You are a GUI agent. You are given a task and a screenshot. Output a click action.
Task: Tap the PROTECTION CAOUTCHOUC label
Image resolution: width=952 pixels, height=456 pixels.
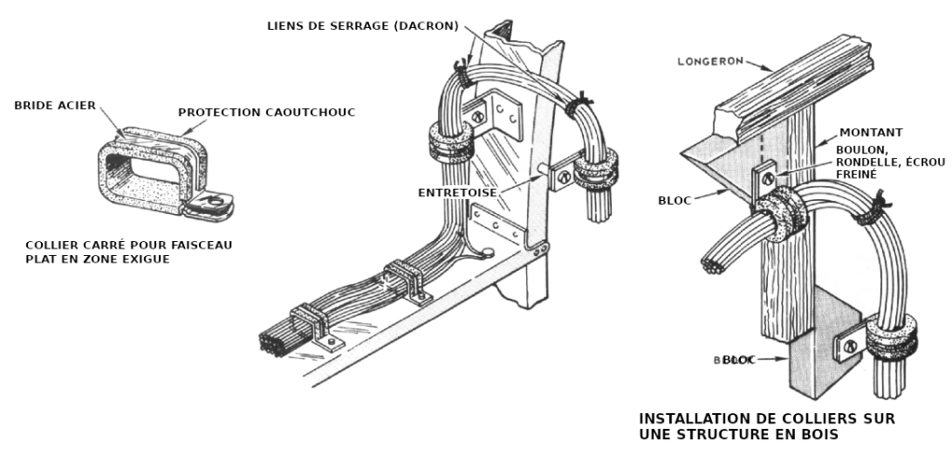[x=267, y=113]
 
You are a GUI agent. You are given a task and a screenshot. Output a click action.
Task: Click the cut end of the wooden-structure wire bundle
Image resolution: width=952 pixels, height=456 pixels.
[x=713, y=268]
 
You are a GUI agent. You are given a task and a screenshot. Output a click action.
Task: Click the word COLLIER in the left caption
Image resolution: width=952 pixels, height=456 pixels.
[x=55, y=246]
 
